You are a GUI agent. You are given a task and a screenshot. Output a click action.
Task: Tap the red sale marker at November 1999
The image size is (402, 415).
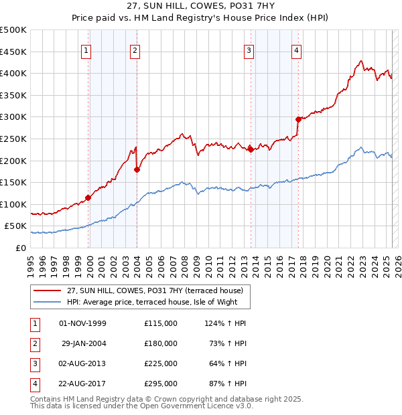pos(88,197)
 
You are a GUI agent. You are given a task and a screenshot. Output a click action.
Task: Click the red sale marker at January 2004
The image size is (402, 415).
pos(137,169)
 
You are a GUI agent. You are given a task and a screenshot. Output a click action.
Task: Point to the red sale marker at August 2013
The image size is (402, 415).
pos(251,149)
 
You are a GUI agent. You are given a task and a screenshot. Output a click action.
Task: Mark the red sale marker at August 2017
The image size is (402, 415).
pos(298,119)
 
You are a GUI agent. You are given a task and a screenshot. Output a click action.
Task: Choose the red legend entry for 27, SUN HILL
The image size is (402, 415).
pos(159,290)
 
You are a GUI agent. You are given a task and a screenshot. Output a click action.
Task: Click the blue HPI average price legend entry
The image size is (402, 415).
pos(157,302)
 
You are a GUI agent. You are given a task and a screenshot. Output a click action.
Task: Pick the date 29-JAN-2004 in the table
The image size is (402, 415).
pos(84,343)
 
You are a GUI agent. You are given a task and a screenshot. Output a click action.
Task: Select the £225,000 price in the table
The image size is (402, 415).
pos(161,363)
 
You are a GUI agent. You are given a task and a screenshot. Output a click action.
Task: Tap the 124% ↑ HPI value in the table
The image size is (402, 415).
pos(225,323)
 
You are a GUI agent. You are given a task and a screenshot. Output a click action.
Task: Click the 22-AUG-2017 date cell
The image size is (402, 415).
pos(84,384)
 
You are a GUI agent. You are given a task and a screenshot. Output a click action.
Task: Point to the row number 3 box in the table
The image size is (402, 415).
pos(33,363)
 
